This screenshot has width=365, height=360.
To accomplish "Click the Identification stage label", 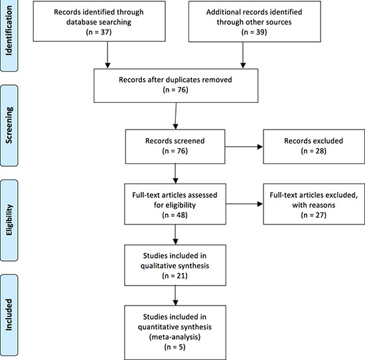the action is coord(9,31).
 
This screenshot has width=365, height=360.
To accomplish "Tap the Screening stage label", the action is coord(9,125).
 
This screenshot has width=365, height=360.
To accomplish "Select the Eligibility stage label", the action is coord(9,220).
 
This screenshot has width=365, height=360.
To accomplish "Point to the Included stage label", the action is coord(9,315).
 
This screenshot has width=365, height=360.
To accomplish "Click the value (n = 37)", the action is coord(99,32).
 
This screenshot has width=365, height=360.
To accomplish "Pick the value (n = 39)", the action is coord(254,32).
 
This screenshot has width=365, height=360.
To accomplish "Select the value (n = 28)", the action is coord(313,151).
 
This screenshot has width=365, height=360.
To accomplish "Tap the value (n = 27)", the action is coord(313,215).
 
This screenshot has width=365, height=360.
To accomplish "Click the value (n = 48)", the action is coord(175,215).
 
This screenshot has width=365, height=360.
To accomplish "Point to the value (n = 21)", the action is coord(175,276).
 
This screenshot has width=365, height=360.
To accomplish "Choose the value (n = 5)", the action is coord(175,347).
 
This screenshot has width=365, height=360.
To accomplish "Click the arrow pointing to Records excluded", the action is coord(244,147).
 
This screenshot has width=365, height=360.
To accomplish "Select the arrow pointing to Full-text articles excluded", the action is coord(244,204).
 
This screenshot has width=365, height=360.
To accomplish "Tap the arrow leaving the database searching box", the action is coord(108,55).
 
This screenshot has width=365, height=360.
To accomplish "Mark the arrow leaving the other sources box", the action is coord(243,55).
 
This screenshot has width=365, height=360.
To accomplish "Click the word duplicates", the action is coord(183,80).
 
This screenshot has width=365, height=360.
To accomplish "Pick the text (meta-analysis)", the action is coord(175,337).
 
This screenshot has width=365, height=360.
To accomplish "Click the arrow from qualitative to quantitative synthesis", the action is coord(175,296).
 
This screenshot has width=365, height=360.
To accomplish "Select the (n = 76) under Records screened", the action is coord(175,151).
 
